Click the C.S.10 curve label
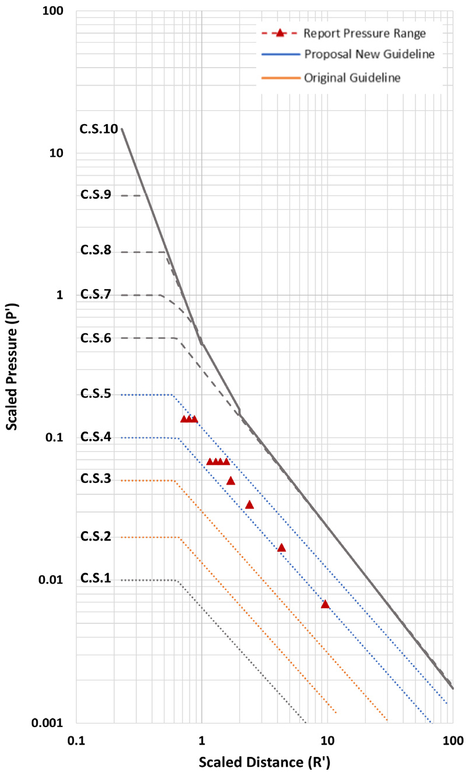click(98, 129)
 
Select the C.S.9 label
click(96, 195)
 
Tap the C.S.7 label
click(96, 294)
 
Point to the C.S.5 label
click(96, 394)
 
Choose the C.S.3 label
click(96, 479)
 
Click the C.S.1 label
click(96, 578)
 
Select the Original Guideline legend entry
click(352, 78)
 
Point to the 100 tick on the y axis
click(54, 12)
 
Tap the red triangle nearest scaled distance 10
click(325, 604)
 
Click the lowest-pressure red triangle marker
click(325, 604)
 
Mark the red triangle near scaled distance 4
click(281, 548)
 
